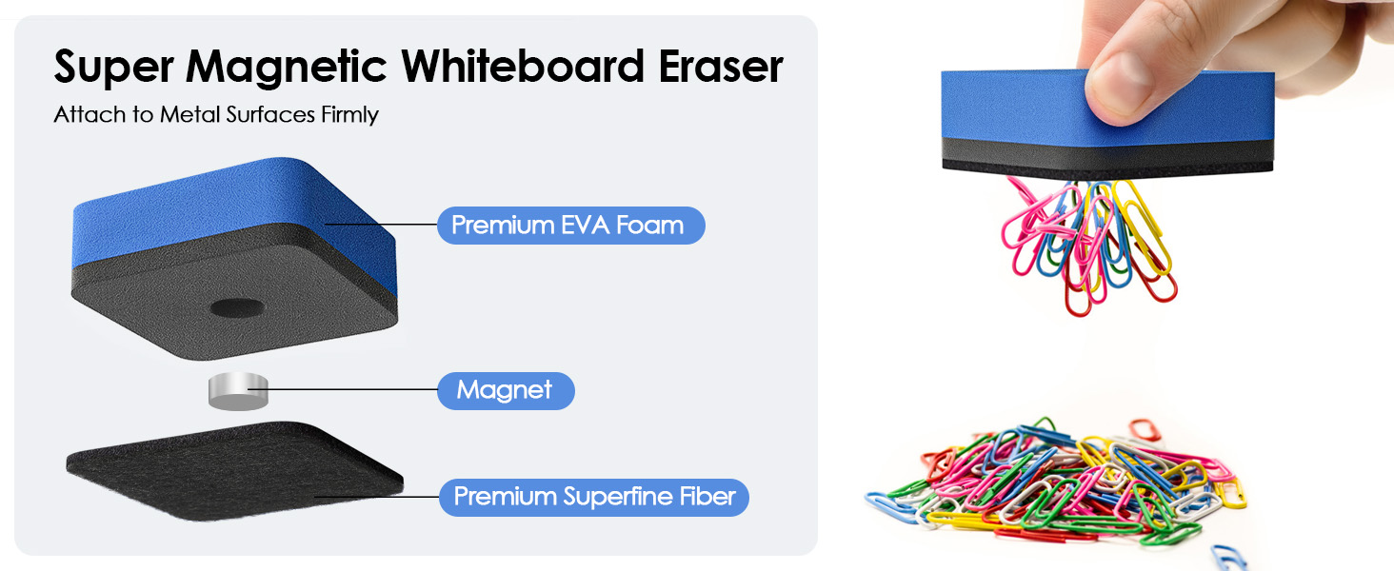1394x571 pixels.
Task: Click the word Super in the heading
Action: [x=113, y=68]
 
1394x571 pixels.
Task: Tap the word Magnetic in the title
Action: [x=287, y=68]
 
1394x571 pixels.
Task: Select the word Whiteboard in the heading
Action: [x=523, y=66]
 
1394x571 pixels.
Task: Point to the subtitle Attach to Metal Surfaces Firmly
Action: [x=216, y=114]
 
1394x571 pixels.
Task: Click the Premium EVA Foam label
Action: [x=570, y=226]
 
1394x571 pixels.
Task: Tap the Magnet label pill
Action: [x=506, y=390]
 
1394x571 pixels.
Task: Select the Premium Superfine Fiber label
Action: [x=594, y=497]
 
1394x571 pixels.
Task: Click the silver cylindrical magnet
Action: [x=238, y=391]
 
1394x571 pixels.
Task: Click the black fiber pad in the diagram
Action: [x=234, y=471]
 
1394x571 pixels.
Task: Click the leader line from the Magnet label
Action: [x=343, y=390]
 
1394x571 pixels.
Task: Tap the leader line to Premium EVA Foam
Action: [x=381, y=224]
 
